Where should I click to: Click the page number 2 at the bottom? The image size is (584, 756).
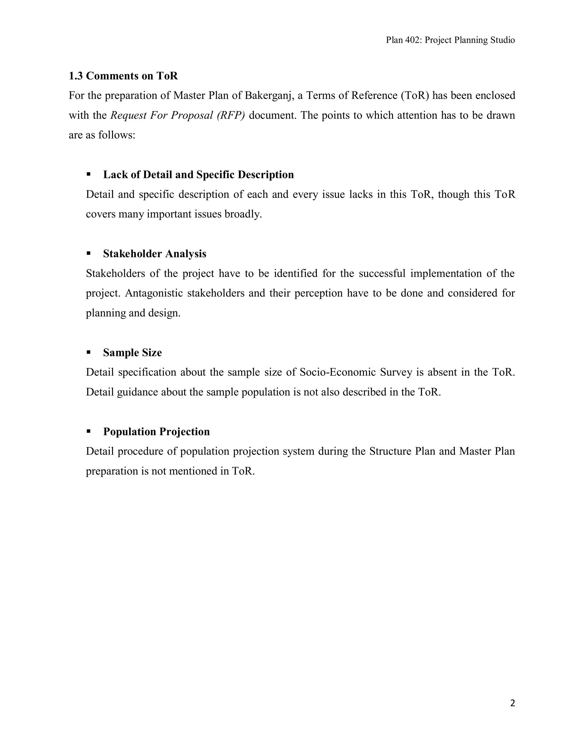point(512,703)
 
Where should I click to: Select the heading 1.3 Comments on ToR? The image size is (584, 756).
point(123,76)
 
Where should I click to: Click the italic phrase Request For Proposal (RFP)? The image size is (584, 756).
point(177,115)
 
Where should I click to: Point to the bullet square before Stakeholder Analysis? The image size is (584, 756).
point(89,253)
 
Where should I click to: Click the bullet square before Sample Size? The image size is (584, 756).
point(89,352)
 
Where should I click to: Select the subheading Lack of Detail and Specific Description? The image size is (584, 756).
point(198,175)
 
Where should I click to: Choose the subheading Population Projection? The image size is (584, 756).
point(156,432)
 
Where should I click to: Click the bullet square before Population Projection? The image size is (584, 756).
point(89,431)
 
